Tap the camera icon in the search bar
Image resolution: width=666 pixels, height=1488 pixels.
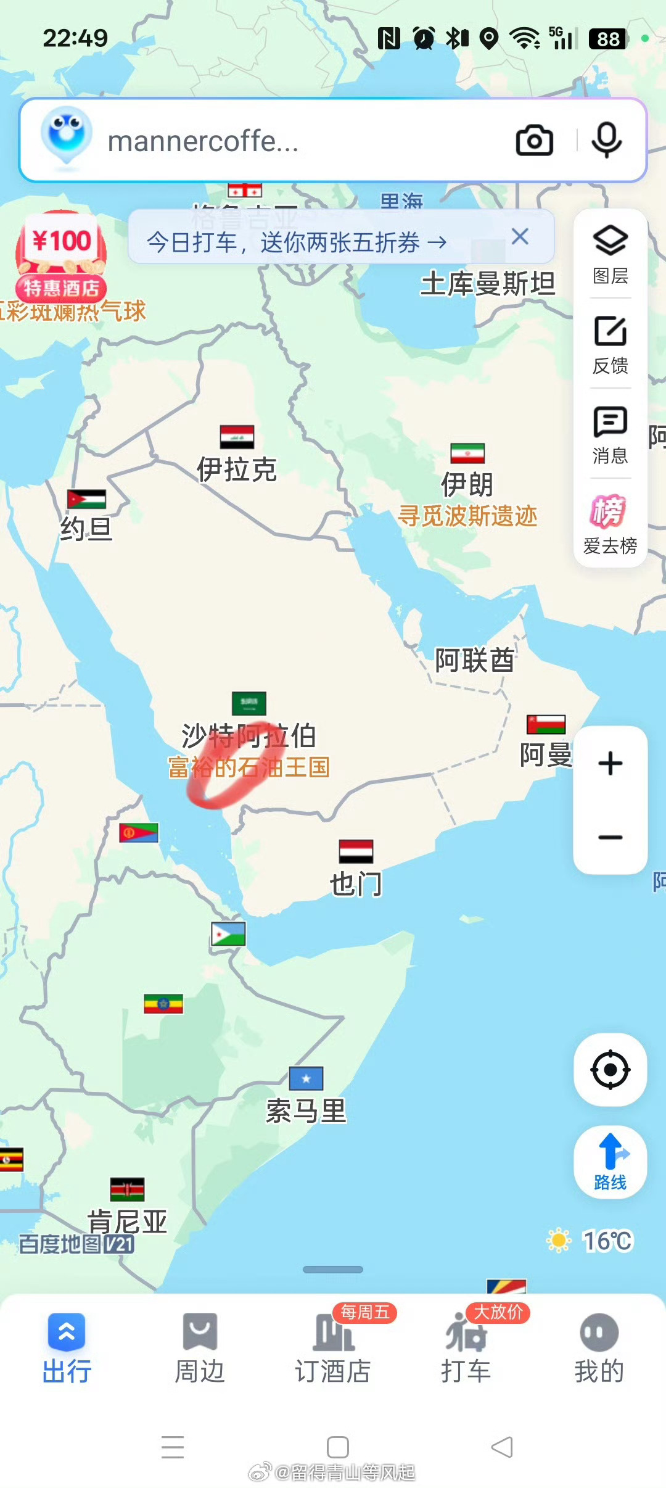(534, 141)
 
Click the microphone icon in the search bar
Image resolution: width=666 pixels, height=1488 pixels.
(606, 141)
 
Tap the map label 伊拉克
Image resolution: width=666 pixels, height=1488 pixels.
(237, 469)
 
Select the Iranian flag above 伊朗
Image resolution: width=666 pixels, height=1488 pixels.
(467, 453)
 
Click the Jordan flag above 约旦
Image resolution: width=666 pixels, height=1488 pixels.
(86, 499)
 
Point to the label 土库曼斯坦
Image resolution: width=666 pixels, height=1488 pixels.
(487, 284)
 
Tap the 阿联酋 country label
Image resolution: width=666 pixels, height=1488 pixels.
(474, 660)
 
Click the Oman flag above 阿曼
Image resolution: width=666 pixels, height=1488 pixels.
(546, 724)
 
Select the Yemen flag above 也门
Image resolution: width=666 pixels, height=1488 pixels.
(356, 851)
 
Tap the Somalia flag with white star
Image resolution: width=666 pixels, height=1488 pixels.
(306, 1078)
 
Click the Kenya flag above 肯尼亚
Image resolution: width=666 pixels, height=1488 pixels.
(128, 1189)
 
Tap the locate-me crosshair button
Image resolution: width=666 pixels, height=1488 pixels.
(610, 1069)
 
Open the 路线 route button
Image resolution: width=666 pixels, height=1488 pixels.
(610, 1162)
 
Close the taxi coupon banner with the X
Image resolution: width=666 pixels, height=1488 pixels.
(520, 236)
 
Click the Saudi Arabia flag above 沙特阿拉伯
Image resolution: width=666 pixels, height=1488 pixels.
(249, 703)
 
